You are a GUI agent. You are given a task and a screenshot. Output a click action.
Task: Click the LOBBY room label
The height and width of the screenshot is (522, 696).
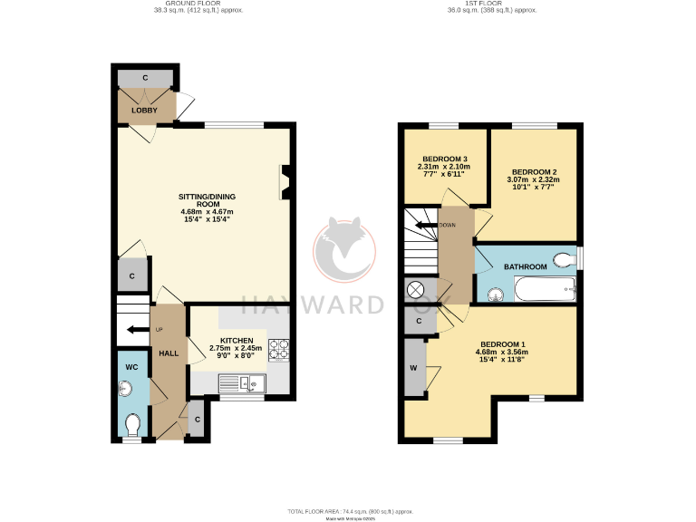(144, 111)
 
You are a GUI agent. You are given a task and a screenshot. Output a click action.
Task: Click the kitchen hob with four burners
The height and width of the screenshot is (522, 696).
(278, 350)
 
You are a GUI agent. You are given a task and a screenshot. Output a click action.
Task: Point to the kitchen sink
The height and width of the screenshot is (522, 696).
(248, 384)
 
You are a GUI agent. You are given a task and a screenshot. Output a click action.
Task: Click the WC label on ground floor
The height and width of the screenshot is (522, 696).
(130, 367)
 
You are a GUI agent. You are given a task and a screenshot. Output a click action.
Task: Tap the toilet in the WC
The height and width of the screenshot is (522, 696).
(132, 424)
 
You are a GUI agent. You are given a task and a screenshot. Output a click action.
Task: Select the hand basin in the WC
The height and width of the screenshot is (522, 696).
(125, 390)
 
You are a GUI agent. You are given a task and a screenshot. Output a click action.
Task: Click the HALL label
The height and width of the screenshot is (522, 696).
(169, 353)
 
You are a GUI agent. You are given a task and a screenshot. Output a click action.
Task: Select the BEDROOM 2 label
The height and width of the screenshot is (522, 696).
(534, 171)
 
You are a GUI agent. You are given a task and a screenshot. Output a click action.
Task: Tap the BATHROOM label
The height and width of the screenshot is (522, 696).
(526, 266)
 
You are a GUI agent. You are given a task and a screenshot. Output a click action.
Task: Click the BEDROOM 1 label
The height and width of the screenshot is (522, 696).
(502, 344)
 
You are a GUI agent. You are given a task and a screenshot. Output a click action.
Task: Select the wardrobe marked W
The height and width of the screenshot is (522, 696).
(414, 368)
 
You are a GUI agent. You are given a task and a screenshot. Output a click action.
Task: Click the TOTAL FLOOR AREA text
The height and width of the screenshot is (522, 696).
(347, 511)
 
